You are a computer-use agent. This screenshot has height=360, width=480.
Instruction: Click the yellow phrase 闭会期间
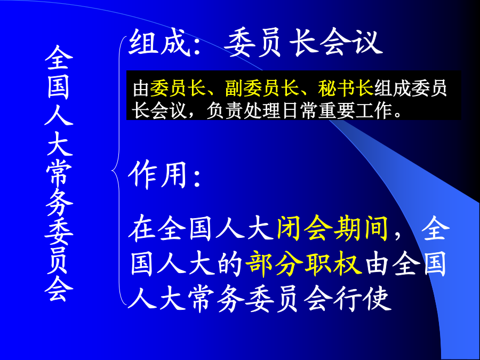pos(332,228)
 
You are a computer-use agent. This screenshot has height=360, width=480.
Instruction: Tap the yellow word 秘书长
pos(346,88)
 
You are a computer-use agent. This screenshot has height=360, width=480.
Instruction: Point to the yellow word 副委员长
pos(262,88)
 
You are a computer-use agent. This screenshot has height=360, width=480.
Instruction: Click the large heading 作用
pos(157,175)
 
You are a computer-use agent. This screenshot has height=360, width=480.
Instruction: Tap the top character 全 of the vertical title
pos(59,58)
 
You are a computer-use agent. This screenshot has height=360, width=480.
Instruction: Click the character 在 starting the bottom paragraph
pos(141,228)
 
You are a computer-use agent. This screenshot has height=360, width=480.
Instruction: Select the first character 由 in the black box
pos(141,88)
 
